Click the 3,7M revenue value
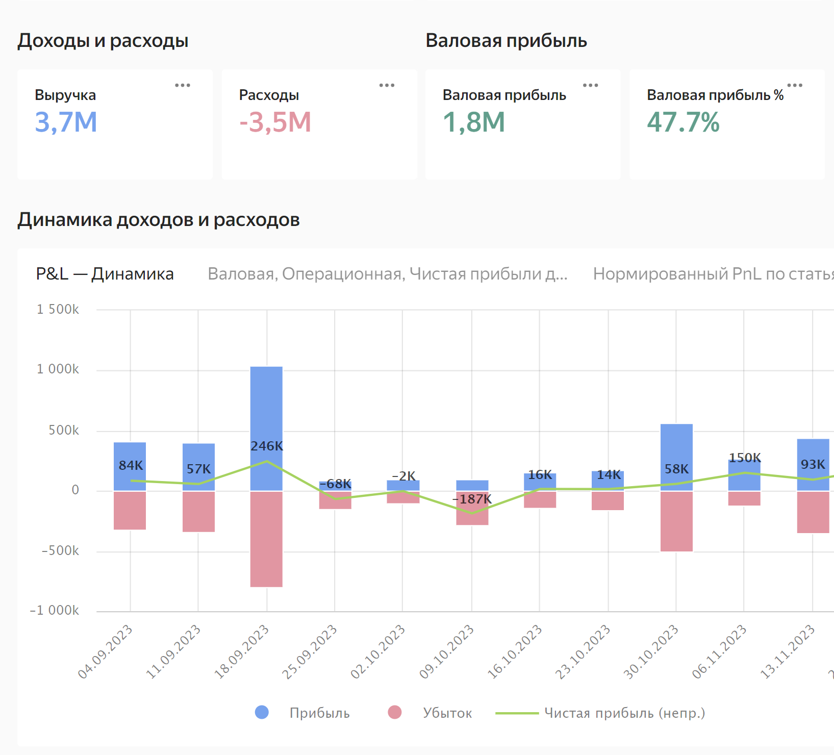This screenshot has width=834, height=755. pos(66,122)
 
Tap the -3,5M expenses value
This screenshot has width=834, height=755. pos(275,122)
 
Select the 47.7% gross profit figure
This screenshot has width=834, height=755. pos(683,122)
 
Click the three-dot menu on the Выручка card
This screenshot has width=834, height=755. pos(183,85)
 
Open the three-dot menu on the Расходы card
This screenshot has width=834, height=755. pos(387,85)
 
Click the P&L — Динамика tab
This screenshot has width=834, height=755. pos(105,274)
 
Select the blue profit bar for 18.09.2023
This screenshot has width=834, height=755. pos(266,408)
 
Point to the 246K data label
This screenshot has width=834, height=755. pos(267,446)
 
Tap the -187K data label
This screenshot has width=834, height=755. pos(472,499)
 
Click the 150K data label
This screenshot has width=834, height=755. pos(745,458)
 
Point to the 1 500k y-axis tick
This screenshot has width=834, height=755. pos(58,310)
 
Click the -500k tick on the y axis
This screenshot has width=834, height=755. pos(60,551)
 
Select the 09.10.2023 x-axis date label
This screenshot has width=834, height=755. pos(447,651)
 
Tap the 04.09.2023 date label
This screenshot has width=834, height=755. pos(106,651)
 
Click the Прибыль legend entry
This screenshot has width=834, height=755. pos(319,713)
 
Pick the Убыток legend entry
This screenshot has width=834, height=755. pos(447,713)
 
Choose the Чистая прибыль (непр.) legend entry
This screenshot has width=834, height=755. pos(624,713)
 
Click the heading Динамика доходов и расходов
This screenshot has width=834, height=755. pos(159,220)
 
